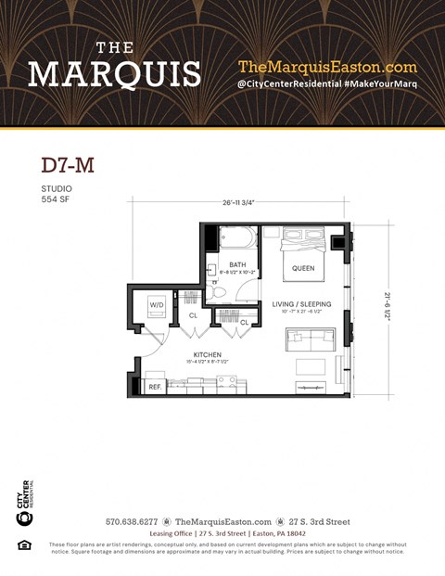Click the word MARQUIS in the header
tap(114, 73)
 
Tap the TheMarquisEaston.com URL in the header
tap(327, 67)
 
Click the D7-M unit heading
tap(68, 166)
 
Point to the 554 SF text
tap(57, 199)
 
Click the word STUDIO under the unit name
tap(57, 189)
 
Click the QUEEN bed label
tap(303, 269)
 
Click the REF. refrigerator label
tap(155, 385)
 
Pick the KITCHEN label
tap(206, 355)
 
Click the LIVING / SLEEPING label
tap(301, 303)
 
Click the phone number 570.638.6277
tap(132, 522)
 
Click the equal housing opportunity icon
tap(24, 544)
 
